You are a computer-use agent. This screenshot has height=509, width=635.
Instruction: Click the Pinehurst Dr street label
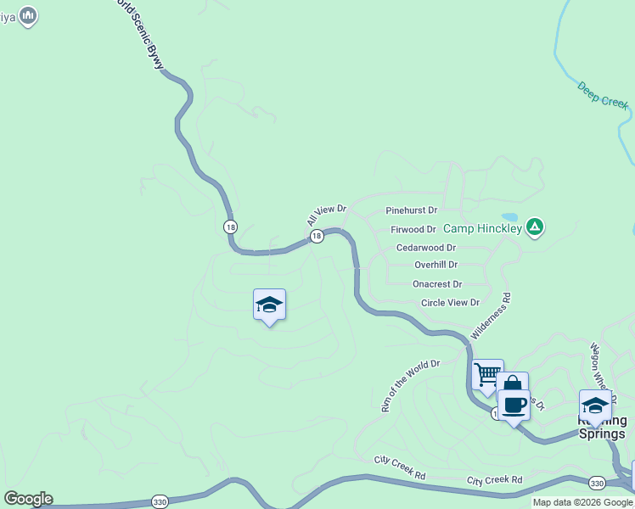click(x=411, y=210)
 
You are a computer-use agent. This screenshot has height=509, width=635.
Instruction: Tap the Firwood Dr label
click(x=413, y=230)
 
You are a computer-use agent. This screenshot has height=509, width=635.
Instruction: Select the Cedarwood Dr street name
click(x=426, y=248)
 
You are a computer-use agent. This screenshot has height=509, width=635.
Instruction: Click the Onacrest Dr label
click(x=437, y=284)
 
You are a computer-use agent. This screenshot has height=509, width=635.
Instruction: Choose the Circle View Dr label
click(x=450, y=303)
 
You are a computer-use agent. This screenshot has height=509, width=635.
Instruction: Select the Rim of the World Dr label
click(x=411, y=386)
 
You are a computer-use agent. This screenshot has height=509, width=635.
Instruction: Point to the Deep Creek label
click(x=603, y=94)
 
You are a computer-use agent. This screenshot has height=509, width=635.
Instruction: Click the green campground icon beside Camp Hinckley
click(x=535, y=227)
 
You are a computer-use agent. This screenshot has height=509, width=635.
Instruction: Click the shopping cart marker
click(x=487, y=373)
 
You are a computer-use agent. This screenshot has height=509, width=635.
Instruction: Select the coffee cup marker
click(x=514, y=404)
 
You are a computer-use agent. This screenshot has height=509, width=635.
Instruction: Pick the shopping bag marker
click(x=513, y=383)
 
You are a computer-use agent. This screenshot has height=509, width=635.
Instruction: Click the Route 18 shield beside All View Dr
click(x=317, y=237)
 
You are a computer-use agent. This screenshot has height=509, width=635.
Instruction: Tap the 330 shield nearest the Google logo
click(x=160, y=502)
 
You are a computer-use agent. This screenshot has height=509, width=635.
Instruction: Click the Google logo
click(x=28, y=499)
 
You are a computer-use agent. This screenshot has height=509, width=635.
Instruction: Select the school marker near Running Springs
click(x=595, y=404)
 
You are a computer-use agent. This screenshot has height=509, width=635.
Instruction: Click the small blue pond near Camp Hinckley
click(x=509, y=216)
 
